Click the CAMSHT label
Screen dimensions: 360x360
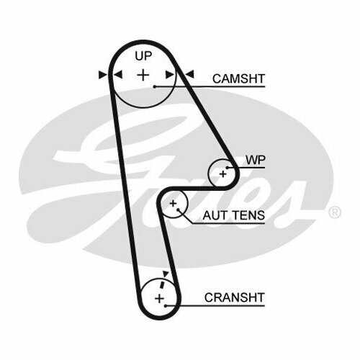click(238, 78)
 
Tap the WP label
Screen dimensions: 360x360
click(256, 160)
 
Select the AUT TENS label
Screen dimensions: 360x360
click(234, 215)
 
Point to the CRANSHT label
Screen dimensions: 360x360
click(234, 297)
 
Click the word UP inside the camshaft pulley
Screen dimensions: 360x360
click(143, 56)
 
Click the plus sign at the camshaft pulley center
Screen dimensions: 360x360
click(143, 75)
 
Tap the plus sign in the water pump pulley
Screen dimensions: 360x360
click(223, 174)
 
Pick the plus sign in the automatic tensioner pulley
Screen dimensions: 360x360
click(173, 204)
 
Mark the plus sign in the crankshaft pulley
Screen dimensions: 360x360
click(159, 299)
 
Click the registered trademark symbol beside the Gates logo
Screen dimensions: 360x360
click(335, 212)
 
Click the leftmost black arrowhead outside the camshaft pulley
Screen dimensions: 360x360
click(103, 75)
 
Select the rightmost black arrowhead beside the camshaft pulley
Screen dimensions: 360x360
click(189, 74)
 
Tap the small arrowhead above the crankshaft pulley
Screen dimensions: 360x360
click(166, 274)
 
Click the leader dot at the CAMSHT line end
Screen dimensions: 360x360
click(155, 86)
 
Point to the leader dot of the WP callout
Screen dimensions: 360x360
click(227, 168)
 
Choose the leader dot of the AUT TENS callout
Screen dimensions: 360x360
click(178, 210)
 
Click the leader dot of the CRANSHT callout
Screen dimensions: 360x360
click(166, 306)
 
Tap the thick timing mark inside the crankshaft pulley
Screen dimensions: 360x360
click(163, 284)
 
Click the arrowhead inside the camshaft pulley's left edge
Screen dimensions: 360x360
click(118, 74)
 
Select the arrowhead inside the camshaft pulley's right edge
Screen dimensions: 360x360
click(170, 75)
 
